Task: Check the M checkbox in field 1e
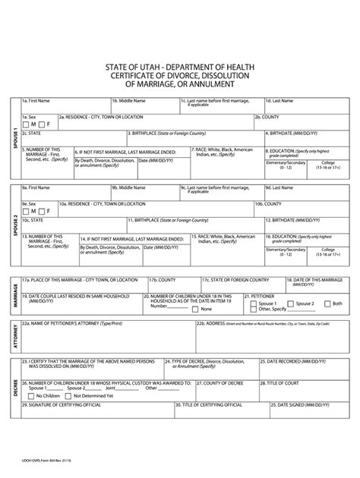pos(27,124)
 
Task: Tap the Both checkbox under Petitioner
pos(327,303)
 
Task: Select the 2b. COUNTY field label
pos(270,117)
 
